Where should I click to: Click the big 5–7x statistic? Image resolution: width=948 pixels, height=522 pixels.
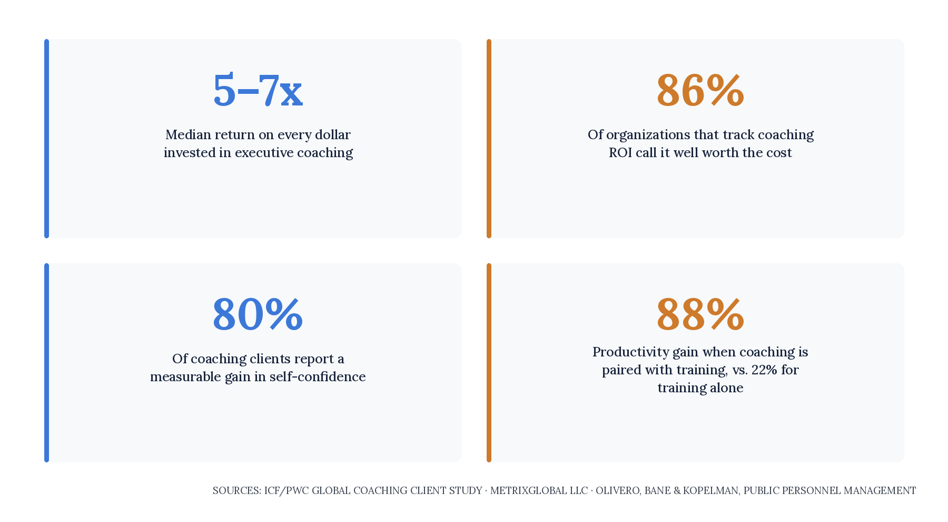258,91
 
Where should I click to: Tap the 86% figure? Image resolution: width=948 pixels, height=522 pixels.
700,91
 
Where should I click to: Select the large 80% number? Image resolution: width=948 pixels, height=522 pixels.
258,315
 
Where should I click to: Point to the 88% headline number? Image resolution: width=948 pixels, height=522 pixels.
700,315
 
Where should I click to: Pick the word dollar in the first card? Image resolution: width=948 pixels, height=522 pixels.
333,135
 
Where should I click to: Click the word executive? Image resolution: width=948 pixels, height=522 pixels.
264,153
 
